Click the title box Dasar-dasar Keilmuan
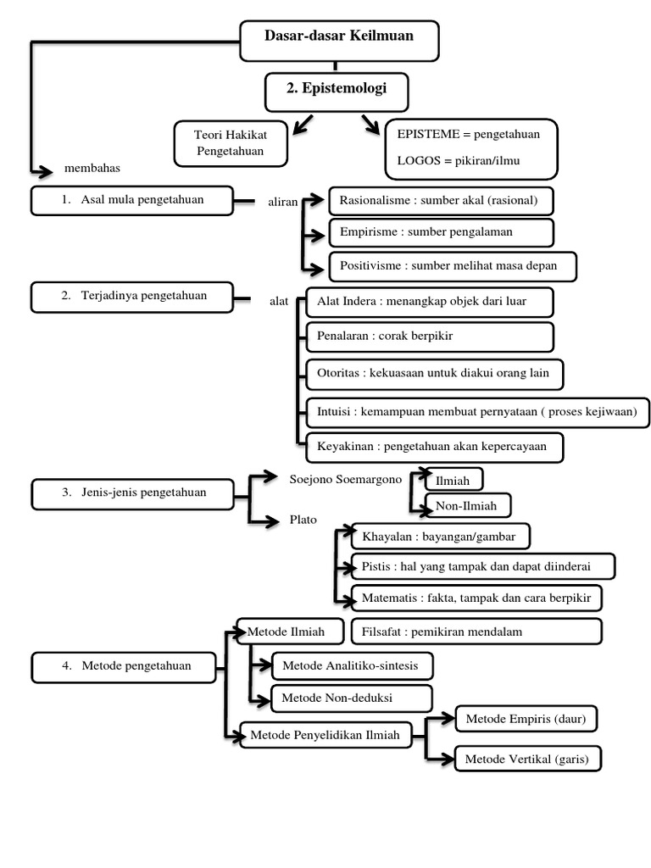pos(339,41)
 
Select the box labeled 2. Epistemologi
pos(337,92)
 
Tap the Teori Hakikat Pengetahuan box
pos(231,143)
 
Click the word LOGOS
pos(419,160)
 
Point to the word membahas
pos(92,168)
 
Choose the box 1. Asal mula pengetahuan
pos(132,200)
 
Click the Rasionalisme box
pos(441,201)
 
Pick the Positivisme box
pos(453,266)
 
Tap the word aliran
pos(283,202)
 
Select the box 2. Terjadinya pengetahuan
pos(132,298)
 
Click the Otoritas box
pos(435,374)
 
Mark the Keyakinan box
pos(435,448)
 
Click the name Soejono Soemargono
pos(346,480)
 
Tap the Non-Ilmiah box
pos(468,505)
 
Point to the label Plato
pos(303,520)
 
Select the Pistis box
pos(483,566)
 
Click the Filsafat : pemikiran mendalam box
pos(476,632)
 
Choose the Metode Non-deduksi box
pos(352,698)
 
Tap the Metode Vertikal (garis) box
pos(527,759)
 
